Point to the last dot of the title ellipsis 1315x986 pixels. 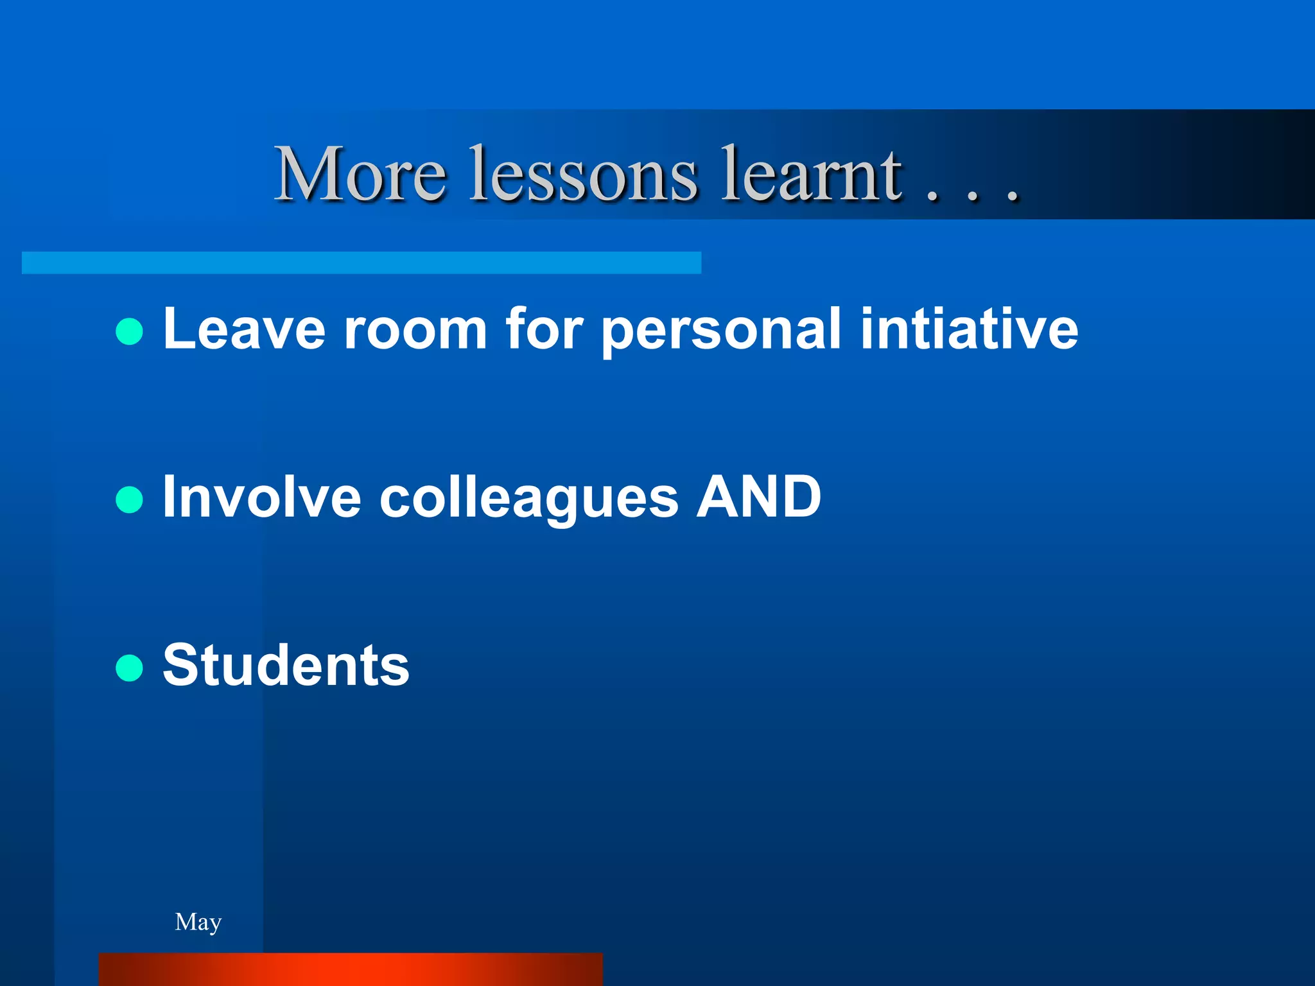[x=1013, y=197]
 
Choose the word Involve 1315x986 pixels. [x=261, y=497]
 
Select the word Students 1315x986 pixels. [x=286, y=666]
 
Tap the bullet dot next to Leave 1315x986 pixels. [x=129, y=332]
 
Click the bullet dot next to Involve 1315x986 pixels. [x=129, y=500]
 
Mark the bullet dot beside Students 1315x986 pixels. [x=129, y=668]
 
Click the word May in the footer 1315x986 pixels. [x=198, y=922]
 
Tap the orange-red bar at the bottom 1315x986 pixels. [x=351, y=969]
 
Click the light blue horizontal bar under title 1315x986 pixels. [x=361, y=263]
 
